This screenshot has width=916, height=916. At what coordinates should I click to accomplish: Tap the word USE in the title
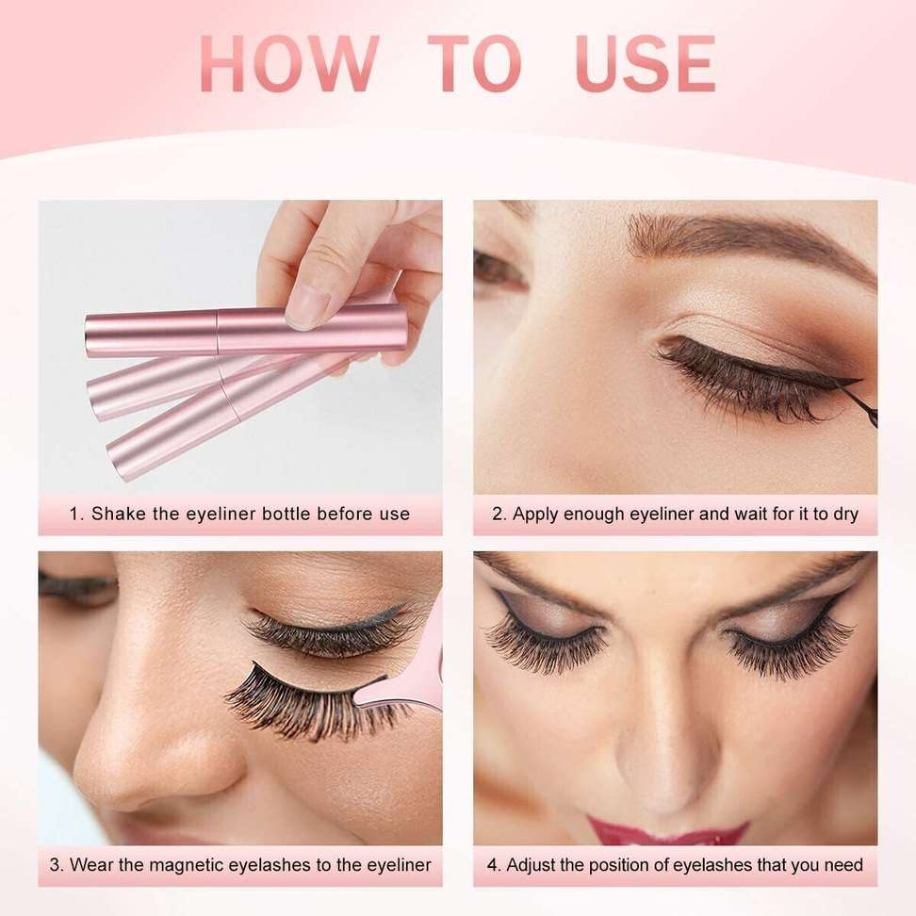pyautogui.click(x=645, y=64)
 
